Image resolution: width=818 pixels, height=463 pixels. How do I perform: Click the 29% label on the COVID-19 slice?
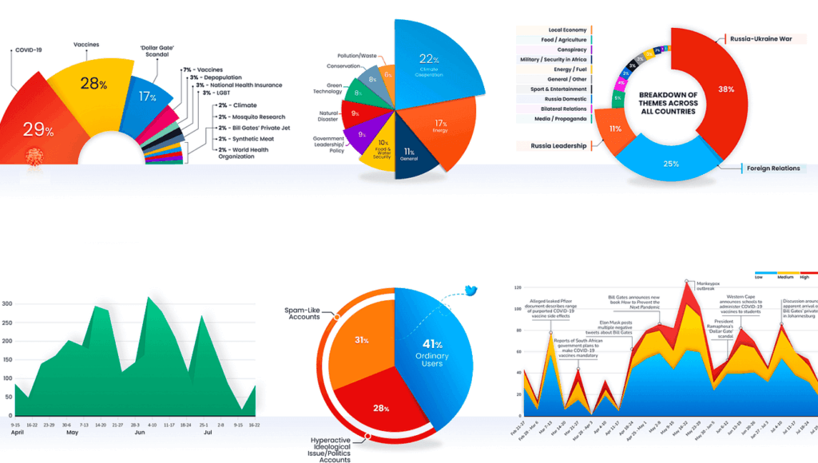click(38, 130)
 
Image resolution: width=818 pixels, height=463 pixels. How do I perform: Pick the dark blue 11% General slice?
click(410, 153)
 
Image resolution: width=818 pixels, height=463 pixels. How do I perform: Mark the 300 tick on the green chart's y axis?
click(6, 304)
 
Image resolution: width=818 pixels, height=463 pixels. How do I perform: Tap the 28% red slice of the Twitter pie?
click(380, 408)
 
